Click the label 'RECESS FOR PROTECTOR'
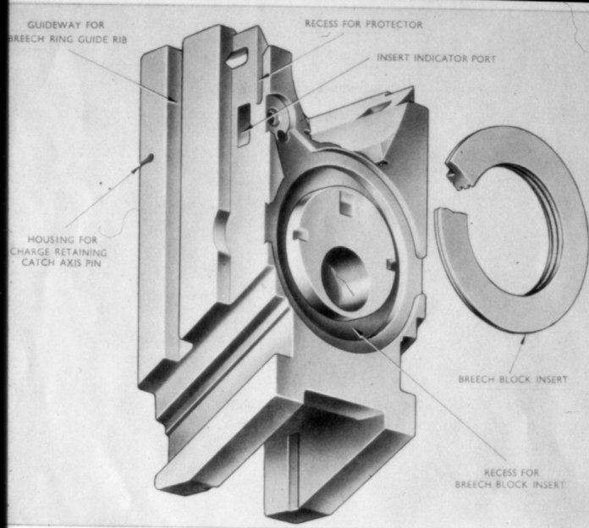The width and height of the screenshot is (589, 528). pos(363,24)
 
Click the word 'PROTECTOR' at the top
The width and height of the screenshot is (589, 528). pos(394,24)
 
